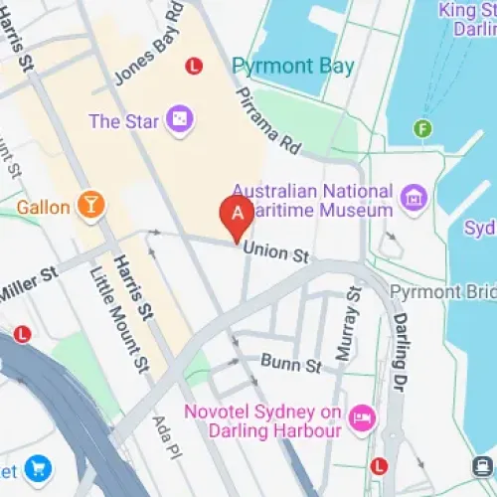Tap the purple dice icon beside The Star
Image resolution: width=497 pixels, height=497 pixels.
179,120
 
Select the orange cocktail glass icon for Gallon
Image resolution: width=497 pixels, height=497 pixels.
92,206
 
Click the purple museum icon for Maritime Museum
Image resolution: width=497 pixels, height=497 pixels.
412,198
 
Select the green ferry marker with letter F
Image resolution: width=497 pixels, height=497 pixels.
423,128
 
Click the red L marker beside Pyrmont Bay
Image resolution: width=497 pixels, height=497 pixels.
195,67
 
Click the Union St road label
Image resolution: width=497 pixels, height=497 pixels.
276,253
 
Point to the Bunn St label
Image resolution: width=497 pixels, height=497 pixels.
291,365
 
